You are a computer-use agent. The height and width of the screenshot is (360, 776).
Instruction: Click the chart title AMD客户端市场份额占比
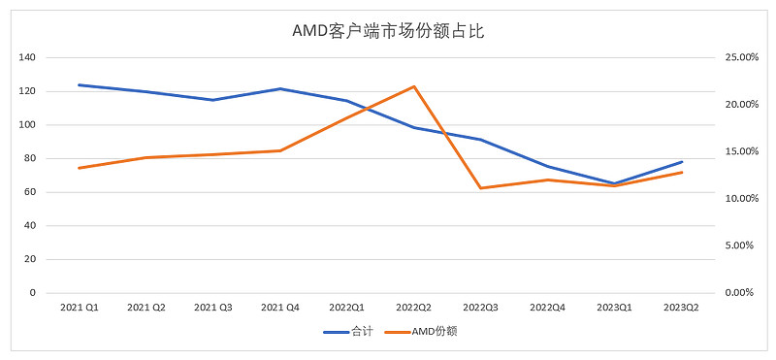tap(388, 31)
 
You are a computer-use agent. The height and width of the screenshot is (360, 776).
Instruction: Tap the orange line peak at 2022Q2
tap(414, 86)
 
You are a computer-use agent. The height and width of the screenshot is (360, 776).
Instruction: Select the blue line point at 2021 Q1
tap(79, 84)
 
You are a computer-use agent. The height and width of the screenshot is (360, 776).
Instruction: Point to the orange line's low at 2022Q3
tap(481, 188)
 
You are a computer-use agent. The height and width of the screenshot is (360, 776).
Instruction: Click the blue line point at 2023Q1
tap(615, 183)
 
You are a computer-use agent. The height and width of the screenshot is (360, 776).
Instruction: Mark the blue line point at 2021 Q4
tap(279, 88)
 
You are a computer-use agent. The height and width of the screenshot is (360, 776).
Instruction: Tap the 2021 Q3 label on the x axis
tap(212, 308)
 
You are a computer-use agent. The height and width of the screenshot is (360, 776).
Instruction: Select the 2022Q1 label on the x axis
tap(346, 308)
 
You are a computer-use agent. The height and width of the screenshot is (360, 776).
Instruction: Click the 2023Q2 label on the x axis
tap(682, 308)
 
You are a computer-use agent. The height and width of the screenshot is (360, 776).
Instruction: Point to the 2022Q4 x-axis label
tap(548, 308)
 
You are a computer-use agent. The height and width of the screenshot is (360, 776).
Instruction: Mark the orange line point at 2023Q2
tap(682, 172)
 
